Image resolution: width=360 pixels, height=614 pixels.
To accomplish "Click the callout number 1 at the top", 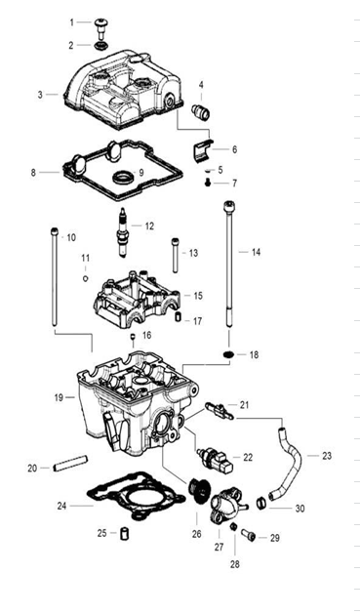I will (71, 21).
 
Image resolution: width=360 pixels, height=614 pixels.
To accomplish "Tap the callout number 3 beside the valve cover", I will (41, 95).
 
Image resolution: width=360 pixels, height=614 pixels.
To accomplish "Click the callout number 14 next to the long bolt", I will (256, 252).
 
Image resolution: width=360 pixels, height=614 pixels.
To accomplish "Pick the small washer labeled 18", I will (226, 352).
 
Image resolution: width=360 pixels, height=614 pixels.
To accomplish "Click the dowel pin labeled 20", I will (69, 468).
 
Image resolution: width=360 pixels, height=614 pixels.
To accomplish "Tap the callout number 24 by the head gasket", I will (61, 506).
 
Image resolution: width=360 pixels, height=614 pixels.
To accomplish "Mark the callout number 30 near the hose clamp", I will (300, 508).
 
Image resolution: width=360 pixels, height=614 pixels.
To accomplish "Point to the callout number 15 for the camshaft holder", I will (197, 295).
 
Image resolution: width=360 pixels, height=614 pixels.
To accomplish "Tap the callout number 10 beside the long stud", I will (69, 237).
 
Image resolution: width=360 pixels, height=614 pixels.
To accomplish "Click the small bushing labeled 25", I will (125, 533).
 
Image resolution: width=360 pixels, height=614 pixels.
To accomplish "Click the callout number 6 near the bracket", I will (234, 149).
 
